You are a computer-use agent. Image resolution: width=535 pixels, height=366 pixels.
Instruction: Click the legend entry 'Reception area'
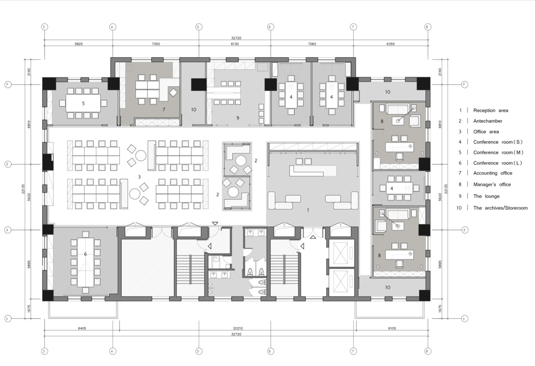(x=490, y=111)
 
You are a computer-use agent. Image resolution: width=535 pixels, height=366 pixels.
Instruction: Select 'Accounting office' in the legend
(x=493, y=173)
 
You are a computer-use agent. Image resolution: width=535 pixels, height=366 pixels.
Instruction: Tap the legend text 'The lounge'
(x=486, y=196)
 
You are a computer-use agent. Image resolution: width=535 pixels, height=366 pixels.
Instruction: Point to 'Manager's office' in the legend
(x=492, y=185)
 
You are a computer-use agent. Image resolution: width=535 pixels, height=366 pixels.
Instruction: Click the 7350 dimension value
(x=156, y=44)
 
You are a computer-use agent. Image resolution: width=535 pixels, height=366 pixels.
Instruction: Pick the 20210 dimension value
(x=238, y=328)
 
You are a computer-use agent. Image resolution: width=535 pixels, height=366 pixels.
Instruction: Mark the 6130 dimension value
(x=235, y=44)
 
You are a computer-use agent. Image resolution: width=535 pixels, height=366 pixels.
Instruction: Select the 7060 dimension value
(x=312, y=44)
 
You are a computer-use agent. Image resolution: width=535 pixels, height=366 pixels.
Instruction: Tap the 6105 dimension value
(x=392, y=328)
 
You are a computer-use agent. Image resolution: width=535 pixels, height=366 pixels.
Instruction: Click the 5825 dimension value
(x=79, y=44)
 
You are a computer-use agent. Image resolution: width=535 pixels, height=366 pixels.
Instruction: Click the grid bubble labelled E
(x=8, y=164)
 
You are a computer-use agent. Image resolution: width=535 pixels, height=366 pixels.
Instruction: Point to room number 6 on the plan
(x=85, y=254)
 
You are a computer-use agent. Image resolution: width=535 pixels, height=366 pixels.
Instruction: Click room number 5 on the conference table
(x=83, y=103)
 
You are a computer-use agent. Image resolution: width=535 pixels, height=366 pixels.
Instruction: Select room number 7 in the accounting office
(x=164, y=110)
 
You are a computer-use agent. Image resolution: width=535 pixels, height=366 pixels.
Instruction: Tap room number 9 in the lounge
(x=238, y=118)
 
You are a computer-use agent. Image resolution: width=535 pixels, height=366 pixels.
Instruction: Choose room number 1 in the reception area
(x=308, y=210)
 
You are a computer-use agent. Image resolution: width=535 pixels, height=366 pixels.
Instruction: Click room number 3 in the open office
(x=139, y=177)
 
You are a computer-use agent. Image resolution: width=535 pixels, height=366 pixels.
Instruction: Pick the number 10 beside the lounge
(x=193, y=109)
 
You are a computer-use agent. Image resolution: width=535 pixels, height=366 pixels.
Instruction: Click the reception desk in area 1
(x=313, y=170)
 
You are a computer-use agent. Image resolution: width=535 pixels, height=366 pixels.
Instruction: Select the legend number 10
(x=459, y=208)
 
